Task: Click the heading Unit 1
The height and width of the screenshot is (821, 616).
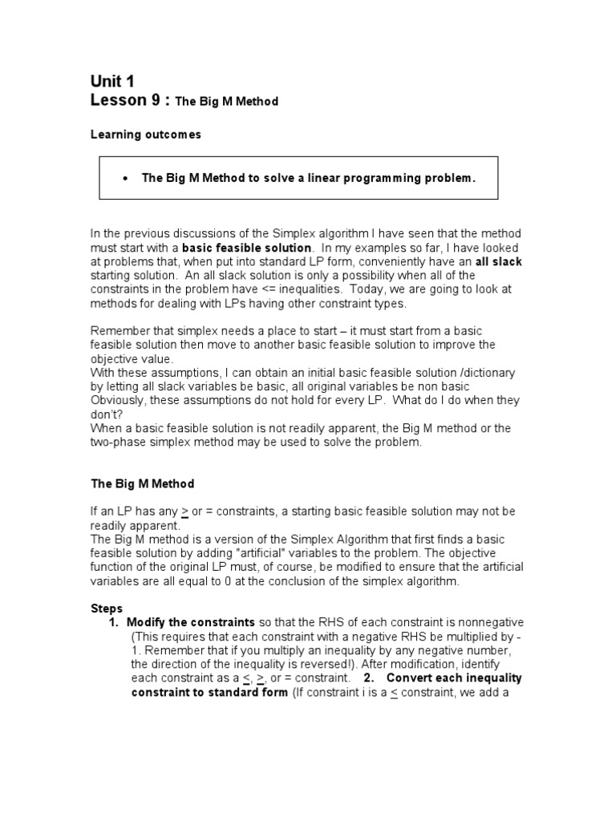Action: coord(112,81)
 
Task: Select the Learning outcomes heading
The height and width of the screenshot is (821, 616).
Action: coord(145,135)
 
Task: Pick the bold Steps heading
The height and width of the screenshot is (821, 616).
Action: coord(107,609)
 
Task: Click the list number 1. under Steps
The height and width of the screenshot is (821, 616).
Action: coord(114,622)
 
